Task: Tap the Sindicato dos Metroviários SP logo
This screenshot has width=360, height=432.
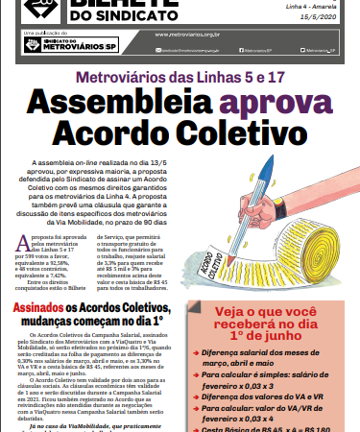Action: point(59,43)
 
